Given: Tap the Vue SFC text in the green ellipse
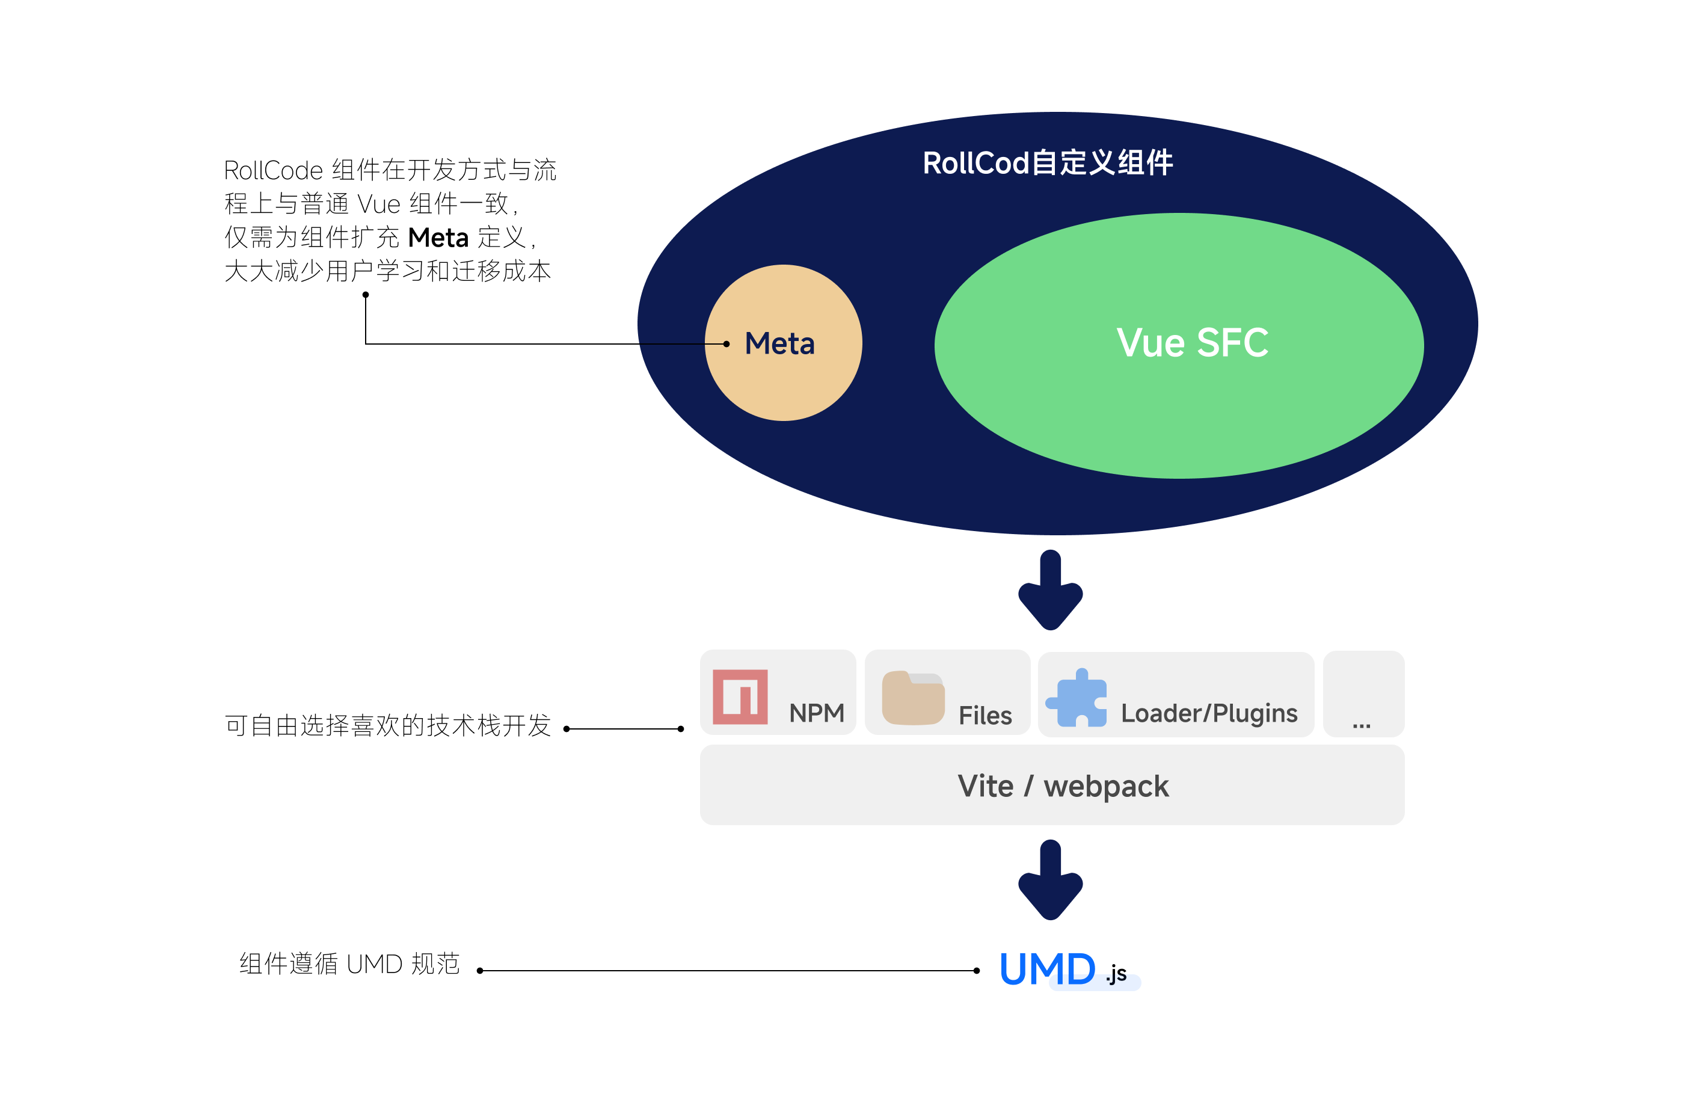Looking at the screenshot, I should (1191, 343).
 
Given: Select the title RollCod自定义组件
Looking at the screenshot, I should (1047, 163).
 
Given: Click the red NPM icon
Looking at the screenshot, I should (739, 696).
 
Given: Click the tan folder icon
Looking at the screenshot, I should (912, 698).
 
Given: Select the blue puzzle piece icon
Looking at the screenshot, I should (1076, 698).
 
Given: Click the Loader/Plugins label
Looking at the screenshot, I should (1208, 713).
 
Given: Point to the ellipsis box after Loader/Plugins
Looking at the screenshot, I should (1362, 695).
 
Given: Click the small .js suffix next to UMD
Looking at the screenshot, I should (1116, 974).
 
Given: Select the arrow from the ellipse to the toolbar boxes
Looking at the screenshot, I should (1051, 591).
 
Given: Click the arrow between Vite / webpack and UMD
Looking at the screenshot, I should (1051, 880).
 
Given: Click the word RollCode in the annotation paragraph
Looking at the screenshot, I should (274, 171).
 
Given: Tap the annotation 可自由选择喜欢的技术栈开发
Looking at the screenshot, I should (388, 726).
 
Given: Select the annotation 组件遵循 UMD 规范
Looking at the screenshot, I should (349, 964).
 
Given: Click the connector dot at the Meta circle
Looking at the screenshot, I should (726, 344).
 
